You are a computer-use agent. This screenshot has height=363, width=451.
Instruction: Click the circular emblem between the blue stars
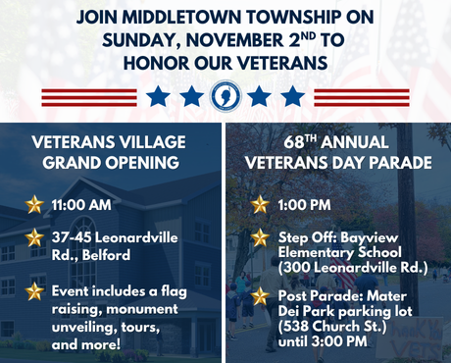tap(226, 97)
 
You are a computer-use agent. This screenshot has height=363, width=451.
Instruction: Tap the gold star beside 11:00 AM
tap(35, 204)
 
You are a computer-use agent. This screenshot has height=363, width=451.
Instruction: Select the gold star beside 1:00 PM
tap(260, 204)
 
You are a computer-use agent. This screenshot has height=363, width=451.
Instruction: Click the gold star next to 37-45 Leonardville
tap(35, 238)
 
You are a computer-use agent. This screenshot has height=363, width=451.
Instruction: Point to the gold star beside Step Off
tap(260, 237)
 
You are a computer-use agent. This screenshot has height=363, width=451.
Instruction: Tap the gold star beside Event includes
tap(35, 291)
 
